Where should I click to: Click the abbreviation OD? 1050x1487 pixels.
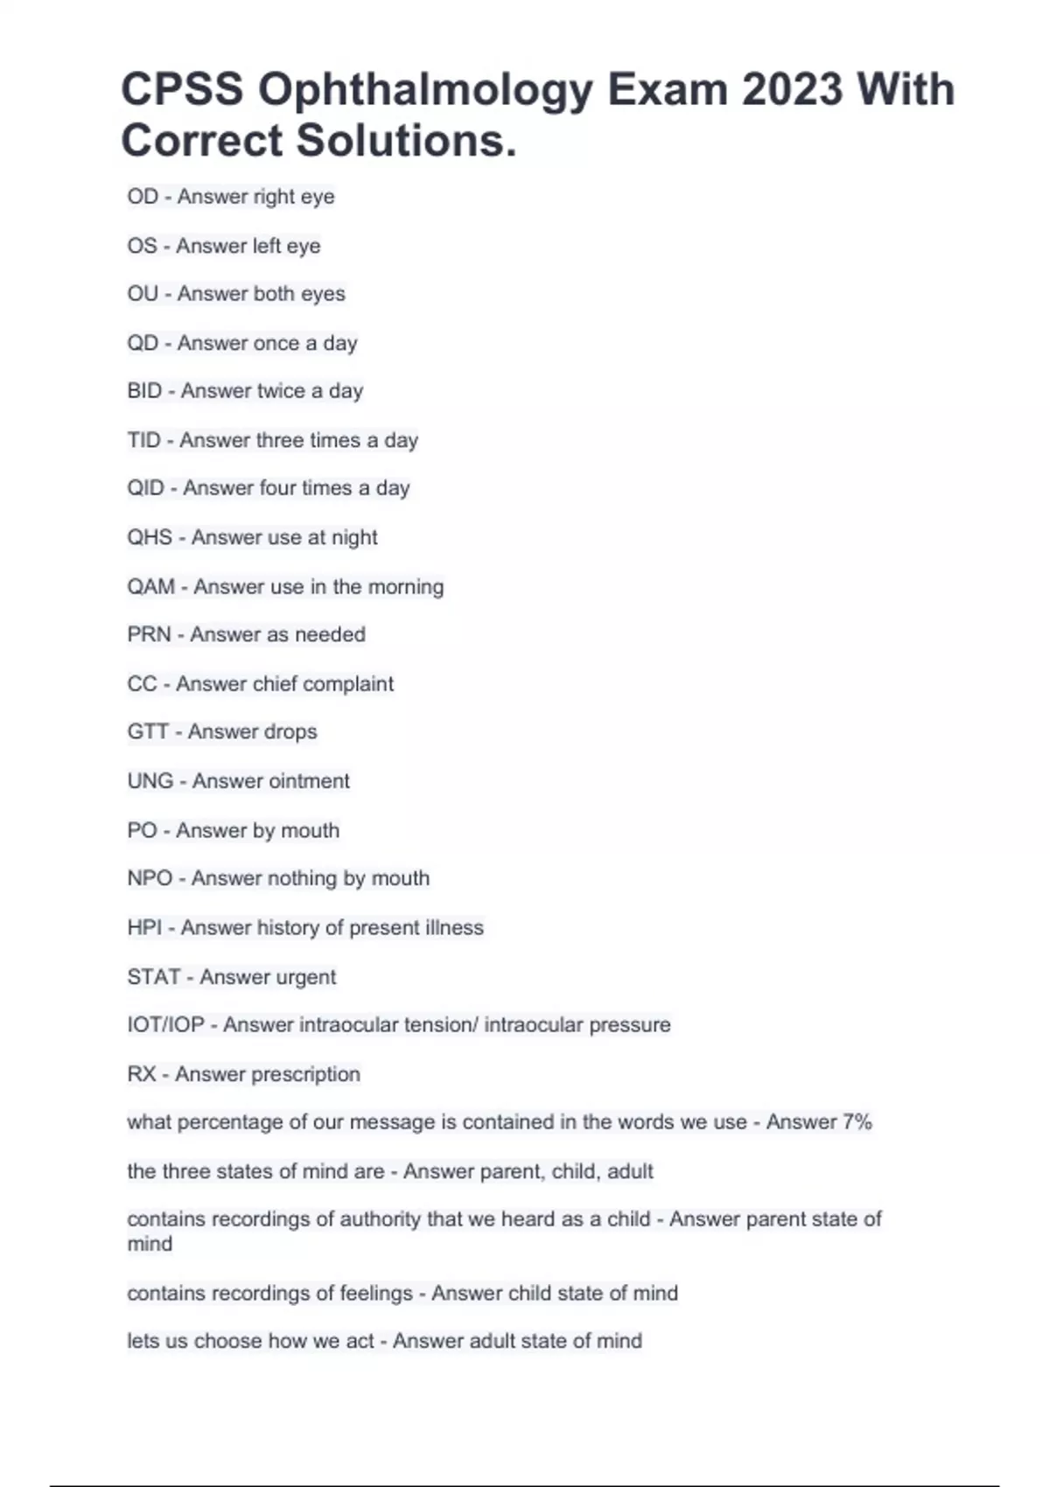click(x=143, y=197)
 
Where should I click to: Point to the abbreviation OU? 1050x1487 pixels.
click(x=143, y=294)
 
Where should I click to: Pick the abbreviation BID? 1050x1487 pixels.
click(x=144, y=391)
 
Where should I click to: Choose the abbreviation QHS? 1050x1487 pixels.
click(x=150, y=537)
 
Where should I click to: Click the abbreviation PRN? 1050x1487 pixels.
click(x=149, y=634)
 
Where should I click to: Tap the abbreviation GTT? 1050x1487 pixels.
click(x=147, y=731)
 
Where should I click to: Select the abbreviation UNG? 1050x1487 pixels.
click(x=150, y=780)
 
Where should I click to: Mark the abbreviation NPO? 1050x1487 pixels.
click(x=150, y=878)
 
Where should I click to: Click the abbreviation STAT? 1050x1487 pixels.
click(x=154, y=976)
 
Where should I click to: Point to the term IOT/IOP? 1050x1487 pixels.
click(x=165, y=1024)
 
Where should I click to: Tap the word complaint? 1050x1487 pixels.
click(x=353, y=683)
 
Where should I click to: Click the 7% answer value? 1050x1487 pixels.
click(x=857, y=1122)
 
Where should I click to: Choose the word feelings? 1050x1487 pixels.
click(x=376, y=1294)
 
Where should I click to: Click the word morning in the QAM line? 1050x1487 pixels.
click(x=405, y=587)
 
